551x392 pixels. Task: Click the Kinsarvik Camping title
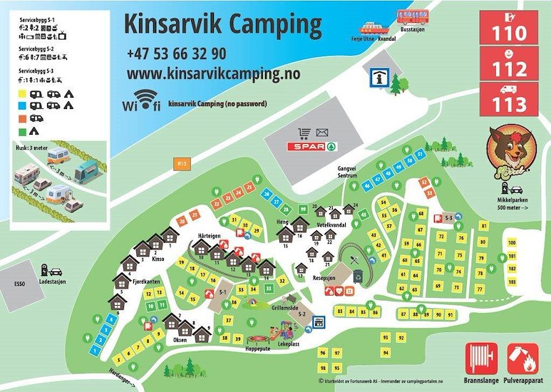pos(223,24)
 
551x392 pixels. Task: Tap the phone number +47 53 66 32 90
pos(177,53)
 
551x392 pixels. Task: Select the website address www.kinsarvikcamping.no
pos(213,73)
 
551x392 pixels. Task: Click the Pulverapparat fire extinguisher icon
pos(523,357)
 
